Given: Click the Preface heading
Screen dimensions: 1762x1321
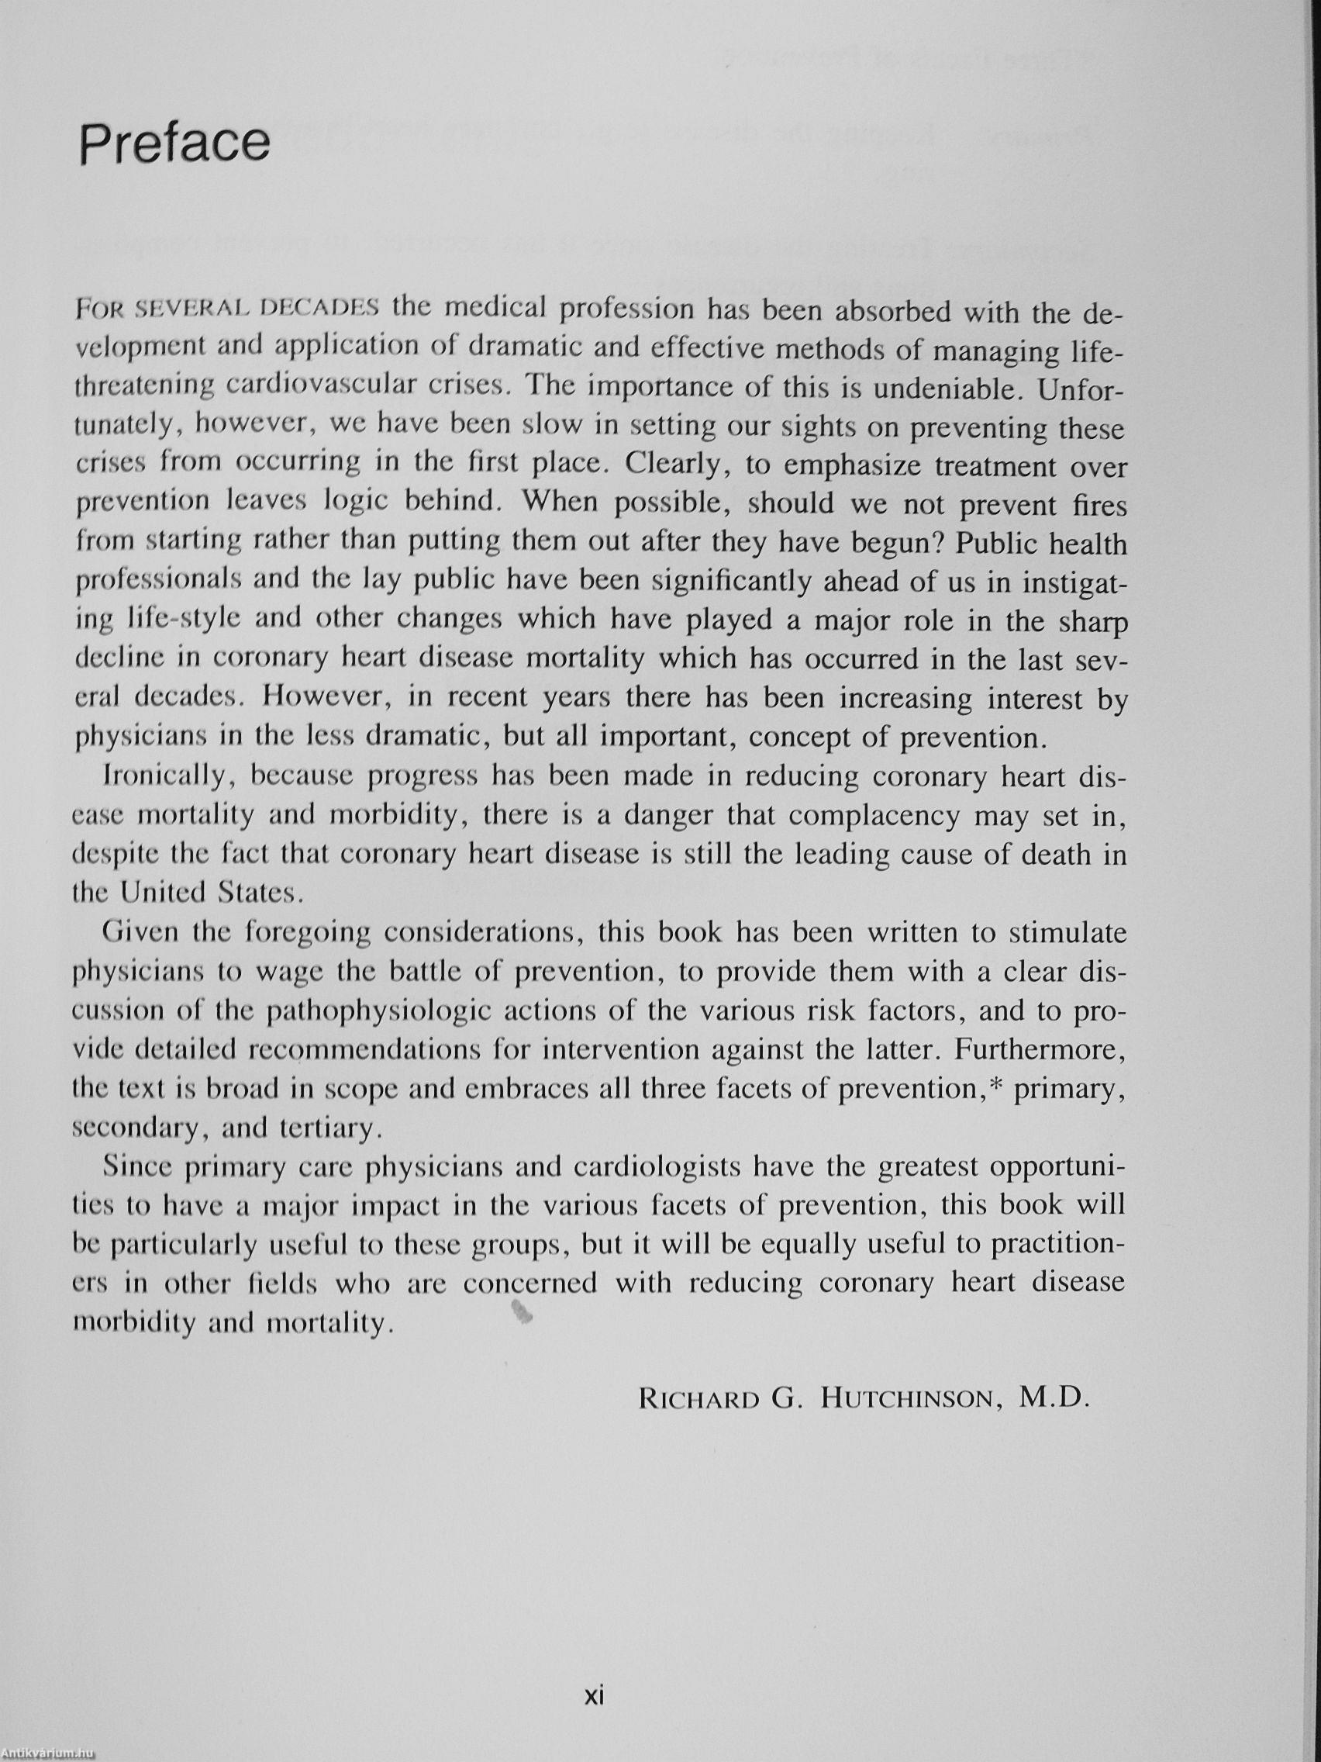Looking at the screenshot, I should coord(174,143).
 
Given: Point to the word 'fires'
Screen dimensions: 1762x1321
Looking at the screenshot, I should coord(1099,506).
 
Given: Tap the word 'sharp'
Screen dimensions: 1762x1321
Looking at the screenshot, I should coord(1093,622).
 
